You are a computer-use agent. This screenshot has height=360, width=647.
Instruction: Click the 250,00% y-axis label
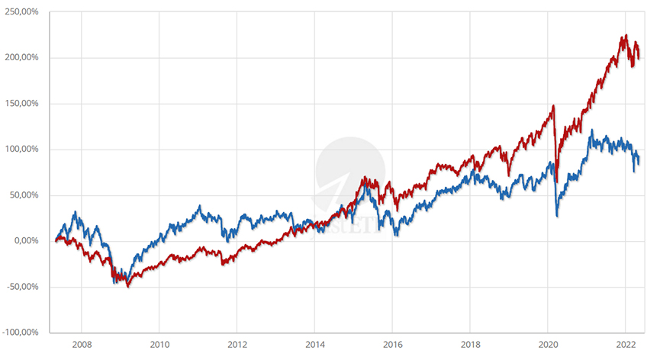tap(23, 12)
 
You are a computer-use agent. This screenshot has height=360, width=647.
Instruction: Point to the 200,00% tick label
tap(23, 58)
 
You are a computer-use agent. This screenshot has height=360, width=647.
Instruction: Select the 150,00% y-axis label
tap(23, 104)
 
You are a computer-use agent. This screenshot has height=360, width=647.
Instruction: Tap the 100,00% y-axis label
tap(23, 149)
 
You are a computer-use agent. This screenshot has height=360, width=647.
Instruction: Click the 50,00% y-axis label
tap(25, 195)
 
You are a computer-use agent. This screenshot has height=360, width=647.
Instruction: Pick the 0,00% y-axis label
tap(27, 241)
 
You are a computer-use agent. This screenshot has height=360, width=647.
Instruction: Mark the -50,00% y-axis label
tap(24, 287)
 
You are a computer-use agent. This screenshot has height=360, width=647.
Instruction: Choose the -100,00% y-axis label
tap(21, 333)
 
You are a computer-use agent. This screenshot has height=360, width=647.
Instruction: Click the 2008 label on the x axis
tap(82, 344)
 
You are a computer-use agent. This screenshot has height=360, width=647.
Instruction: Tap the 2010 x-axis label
tap(159, 344)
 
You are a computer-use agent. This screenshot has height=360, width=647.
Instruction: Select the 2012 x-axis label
tap(237, 344)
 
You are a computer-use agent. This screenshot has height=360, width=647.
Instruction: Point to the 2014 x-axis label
tap(315, 344)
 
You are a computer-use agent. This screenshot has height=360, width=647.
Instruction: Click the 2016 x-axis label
tap(393, 344)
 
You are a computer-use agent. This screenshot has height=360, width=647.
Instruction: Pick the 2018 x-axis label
tap(471, 344)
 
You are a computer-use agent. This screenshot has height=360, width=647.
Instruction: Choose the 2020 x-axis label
tap(549, 344)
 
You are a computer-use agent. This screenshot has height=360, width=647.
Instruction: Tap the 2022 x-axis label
tap(626, 344)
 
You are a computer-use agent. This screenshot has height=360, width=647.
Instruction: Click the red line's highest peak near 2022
tap(626, 35)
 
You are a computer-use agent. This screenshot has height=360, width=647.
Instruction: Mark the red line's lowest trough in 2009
tap(128, 287)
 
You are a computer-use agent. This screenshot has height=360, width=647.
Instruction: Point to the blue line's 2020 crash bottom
tap(557, 216)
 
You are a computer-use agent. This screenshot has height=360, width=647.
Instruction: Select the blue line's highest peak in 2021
tap(592, 130)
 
